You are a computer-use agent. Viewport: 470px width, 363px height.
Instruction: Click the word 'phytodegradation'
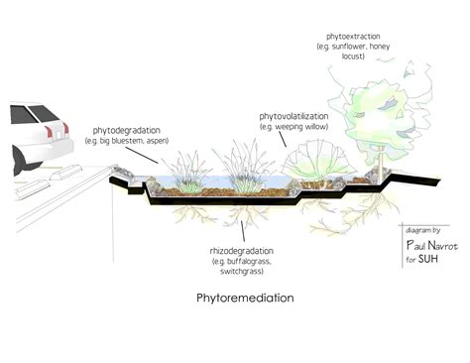pos(128,130)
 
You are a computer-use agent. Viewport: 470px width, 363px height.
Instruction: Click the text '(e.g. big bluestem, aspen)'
pos(128,141)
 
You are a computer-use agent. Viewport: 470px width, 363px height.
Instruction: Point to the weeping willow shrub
pos(307,159)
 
